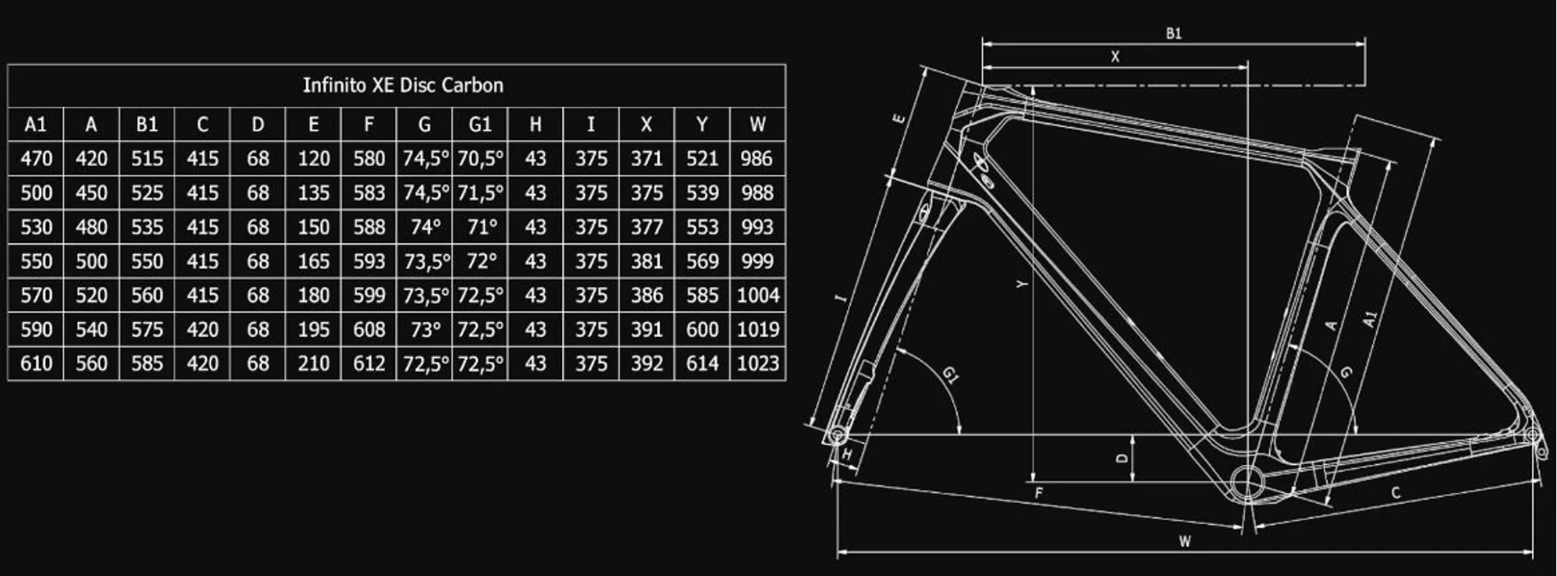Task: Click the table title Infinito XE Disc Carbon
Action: (x=403, y=85)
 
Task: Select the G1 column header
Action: (x=480, y=124)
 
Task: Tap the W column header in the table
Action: (x=757, y=124)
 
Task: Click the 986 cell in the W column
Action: (x=757, y=158)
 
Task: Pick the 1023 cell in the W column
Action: (x=758, y=363)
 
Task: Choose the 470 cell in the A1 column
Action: (x=36, y=158)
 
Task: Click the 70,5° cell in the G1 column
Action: (x=480, y=158)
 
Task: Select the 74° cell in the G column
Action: (x=425, y=226)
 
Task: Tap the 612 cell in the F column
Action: (x=369, y=363)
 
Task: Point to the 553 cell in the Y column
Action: (x=702, y=226)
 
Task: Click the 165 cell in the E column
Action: (x=314, y=261)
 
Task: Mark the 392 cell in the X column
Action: (x=646, y=363)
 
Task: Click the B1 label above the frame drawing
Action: (x=1173, y=33)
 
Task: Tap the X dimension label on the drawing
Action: (x=1115, y=57)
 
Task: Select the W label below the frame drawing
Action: (x=1185, y=541)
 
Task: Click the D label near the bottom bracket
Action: (x=1122, y=458)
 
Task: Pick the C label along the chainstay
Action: (x=1396, y=492)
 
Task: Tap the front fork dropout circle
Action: (x=837, y=436)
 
